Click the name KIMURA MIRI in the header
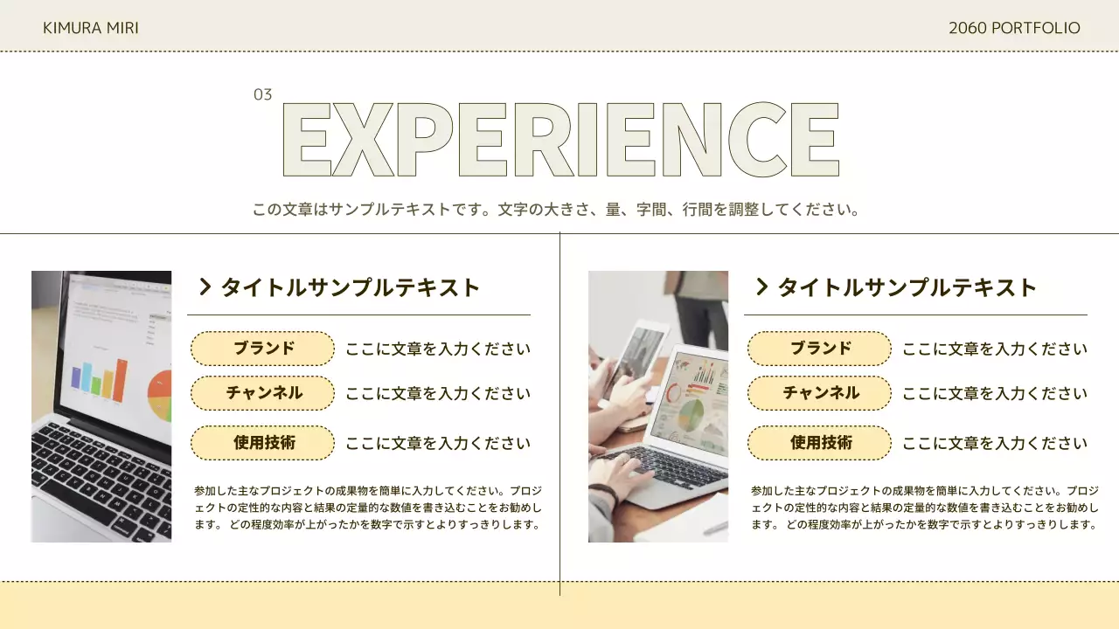[x=91, y=28]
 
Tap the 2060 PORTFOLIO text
[x=1014, y=28]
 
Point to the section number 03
[x=262, y=94]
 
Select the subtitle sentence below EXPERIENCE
[x=557, y=210]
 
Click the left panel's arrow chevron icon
[x=205, y=287]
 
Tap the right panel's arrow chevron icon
[x=761, y=287]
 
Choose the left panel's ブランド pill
[x=262, y=349]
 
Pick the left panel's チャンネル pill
[x=262, y=393]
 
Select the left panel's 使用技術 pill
[x=262, y=443]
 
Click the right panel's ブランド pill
[x=819, y=349]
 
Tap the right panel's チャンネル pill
[x=819, y=393]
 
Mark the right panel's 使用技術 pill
[x=819, y=443]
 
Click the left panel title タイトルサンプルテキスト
[x=351, y=287]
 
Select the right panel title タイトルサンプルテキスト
[x=907, y=287]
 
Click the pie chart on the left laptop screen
[x=160, y=395]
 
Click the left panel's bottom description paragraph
[x=367, y=508]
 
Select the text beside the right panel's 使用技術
[x=995, y=444]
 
